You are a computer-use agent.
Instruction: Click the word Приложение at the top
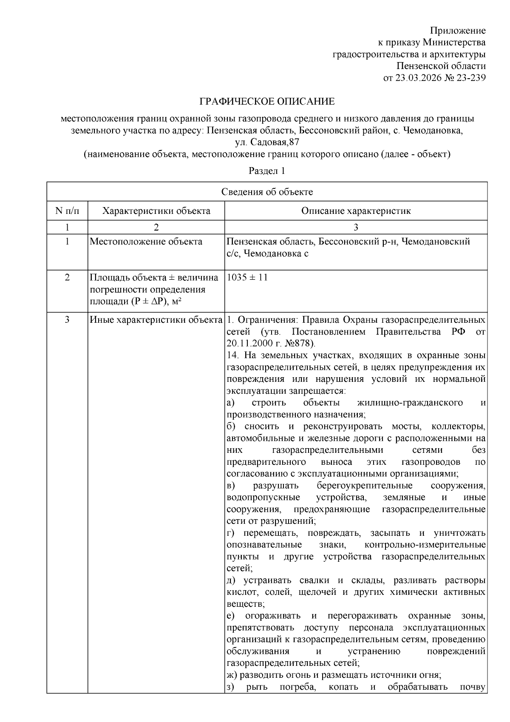pos(457,31)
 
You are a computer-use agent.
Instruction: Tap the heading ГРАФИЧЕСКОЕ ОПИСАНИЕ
pos(267,102)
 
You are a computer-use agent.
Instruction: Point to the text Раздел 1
pos(266,171)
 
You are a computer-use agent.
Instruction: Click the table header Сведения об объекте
pos(267,192)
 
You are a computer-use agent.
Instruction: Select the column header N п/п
pos(67,211)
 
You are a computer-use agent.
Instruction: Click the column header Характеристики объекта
pos(156,211)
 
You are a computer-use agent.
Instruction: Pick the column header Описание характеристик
pos(356,211)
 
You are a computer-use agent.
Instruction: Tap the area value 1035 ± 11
pos(247,278)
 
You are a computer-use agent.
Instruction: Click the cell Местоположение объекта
pos(146,242)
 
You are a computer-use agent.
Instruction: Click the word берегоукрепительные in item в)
pos(365,486)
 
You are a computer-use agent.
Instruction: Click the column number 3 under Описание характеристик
pos(356,227)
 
